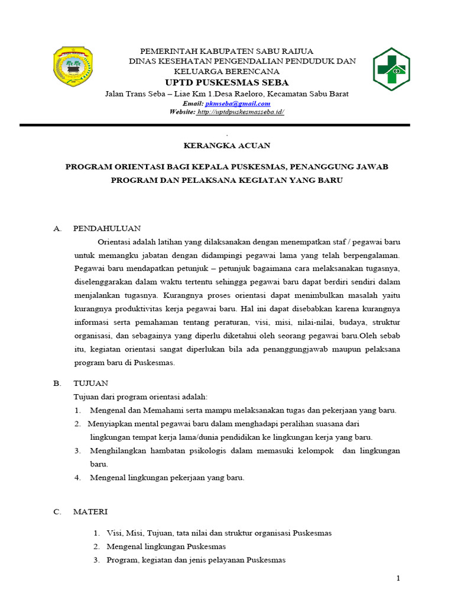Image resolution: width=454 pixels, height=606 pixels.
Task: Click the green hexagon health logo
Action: tap(390, 69)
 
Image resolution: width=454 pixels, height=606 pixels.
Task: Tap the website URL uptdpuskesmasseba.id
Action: tap(241, 111)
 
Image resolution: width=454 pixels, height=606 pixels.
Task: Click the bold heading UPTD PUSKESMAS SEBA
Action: tap(226, 82)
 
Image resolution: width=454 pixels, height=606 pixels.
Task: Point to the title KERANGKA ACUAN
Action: tap(226, 145)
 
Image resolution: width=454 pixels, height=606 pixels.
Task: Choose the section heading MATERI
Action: tap(90, 511)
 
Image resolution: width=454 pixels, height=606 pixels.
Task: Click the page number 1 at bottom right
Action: tap(398, 578)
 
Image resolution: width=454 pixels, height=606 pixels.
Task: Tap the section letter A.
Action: tap(56, 228)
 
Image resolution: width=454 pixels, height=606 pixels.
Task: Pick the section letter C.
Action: tap(57, 511)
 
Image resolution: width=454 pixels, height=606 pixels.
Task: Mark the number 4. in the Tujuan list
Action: tap(77, 478)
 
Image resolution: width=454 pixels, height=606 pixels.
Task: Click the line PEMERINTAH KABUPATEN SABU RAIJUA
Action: tap(226, 51)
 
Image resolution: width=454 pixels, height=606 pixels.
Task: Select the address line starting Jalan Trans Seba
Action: tap(226, 94)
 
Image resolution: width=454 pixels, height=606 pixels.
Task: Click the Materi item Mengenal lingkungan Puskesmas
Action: tap(166, 546)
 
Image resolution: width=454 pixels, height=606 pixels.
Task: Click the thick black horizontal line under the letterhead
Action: tap(215, 125)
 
